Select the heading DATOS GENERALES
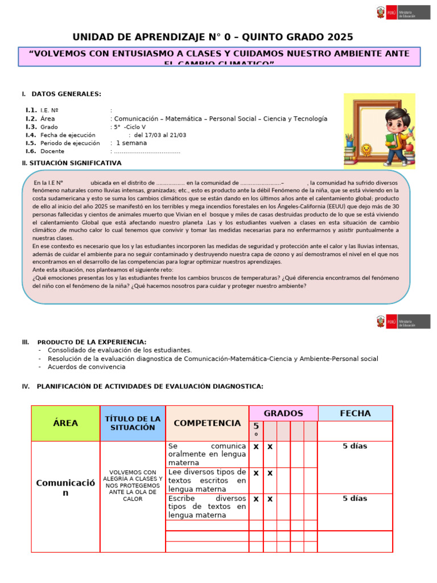click(66, 94)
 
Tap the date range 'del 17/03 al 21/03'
click(160, 135)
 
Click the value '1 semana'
click(131, 143)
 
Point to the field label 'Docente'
click(52, 151)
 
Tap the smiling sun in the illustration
click(366, 150)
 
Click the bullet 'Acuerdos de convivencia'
click(86, 367)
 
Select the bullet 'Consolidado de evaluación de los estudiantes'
click(119, 350)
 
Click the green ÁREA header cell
click(65, 423)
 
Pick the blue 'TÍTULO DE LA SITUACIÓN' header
click(133, 423)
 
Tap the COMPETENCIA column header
click(207, 423)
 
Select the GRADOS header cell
click(283, 413)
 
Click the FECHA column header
click(354, 413)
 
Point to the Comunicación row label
click(65, 487)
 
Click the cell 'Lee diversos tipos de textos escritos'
click(207, 480)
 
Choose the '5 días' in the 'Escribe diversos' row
click(354, 499)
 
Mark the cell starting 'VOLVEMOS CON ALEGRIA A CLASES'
click(133, 486)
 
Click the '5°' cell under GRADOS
click(256, 430)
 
